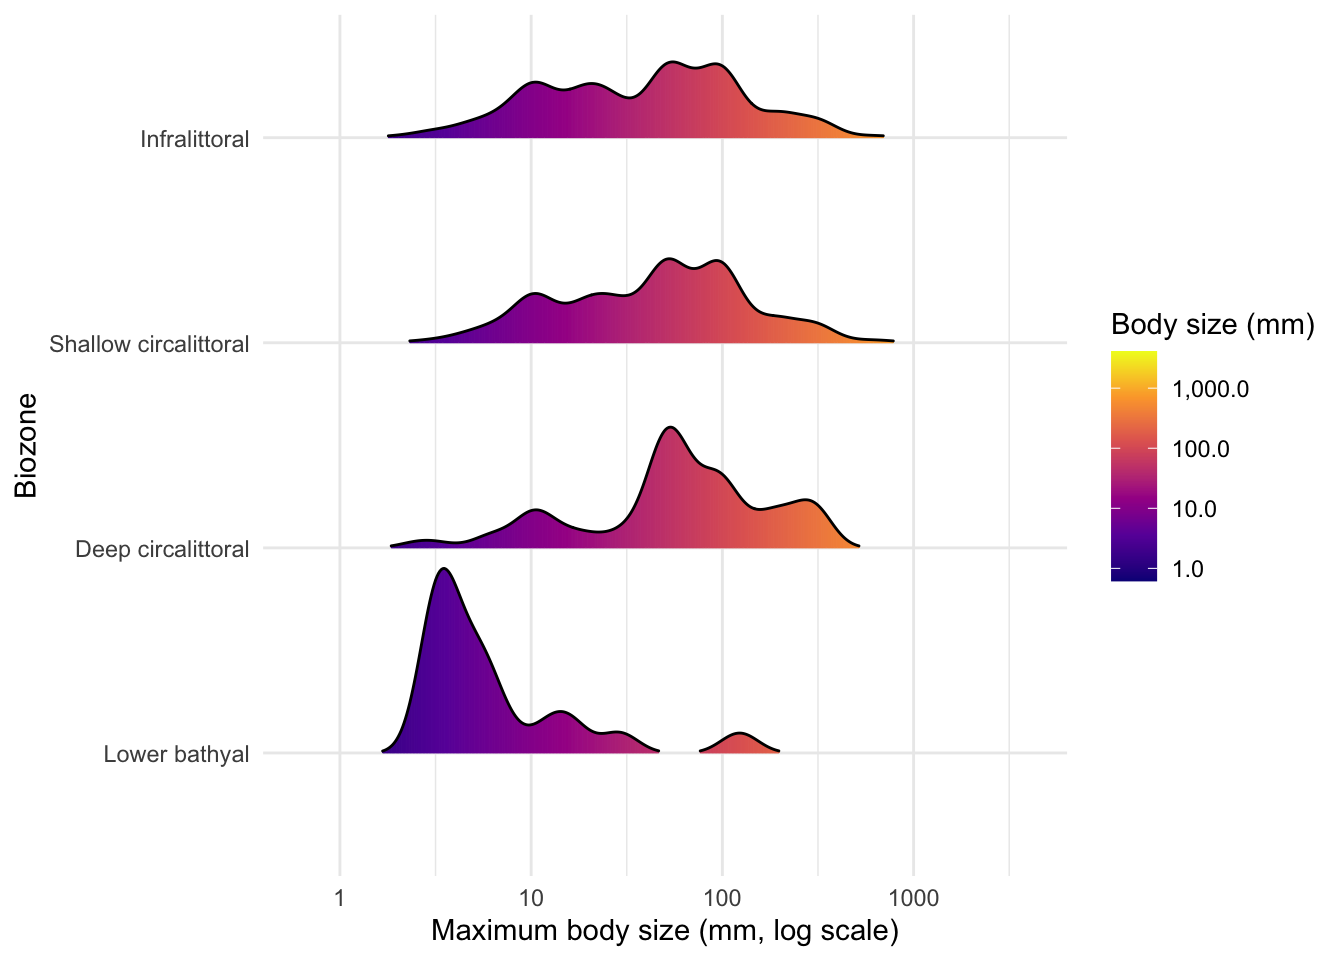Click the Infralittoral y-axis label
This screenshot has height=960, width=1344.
point(194,139)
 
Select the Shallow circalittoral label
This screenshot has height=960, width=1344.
point(149,344)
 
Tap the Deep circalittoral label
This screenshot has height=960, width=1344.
point(162,550)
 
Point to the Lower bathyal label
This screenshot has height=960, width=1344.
point(176,754)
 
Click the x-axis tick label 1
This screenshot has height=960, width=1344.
point(340,898)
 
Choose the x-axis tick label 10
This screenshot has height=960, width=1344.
point(531,898)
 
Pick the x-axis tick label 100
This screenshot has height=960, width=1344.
point(722,898)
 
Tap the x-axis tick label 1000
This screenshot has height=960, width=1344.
point(914,898)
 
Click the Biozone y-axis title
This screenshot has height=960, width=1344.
point(26,445)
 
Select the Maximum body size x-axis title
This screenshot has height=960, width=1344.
point(665,931)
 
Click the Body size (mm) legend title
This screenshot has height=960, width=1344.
point(1213,325)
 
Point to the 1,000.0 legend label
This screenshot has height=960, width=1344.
point(1210,389)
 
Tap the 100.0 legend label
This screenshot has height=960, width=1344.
point(1201,449)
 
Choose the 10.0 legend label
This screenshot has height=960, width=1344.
point(1194,509)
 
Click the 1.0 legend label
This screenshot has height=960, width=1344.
point(1187,569)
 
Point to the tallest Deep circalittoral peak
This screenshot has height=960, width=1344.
point(670,427)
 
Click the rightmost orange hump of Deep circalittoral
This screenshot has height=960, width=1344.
point(805,500)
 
